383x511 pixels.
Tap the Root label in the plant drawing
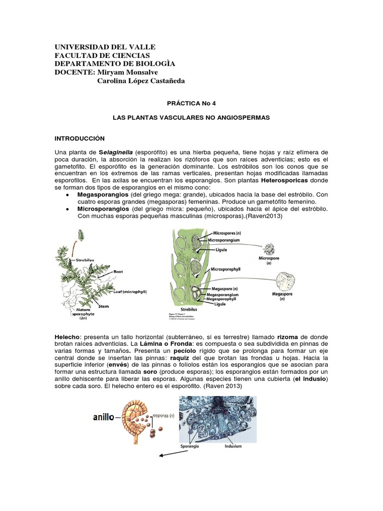[x=118, y=271]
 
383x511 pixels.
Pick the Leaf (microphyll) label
[x=130, y=291]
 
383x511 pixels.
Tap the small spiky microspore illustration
[x=270, y=250]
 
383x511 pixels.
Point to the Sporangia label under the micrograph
[x=188, y=447]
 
